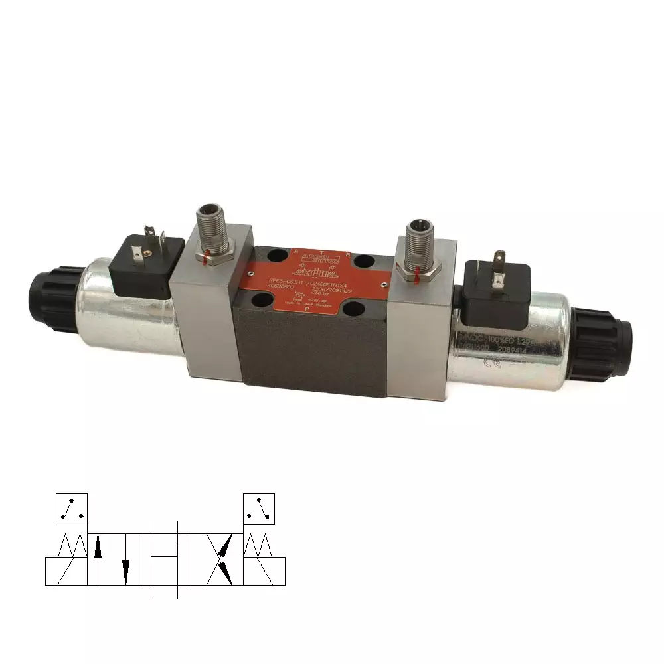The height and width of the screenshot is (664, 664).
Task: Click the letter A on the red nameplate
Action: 295,251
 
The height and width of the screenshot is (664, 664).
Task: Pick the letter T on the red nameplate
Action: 322,252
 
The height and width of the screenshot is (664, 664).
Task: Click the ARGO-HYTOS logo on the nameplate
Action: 321,261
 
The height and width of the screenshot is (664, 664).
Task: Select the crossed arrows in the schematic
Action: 222,558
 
